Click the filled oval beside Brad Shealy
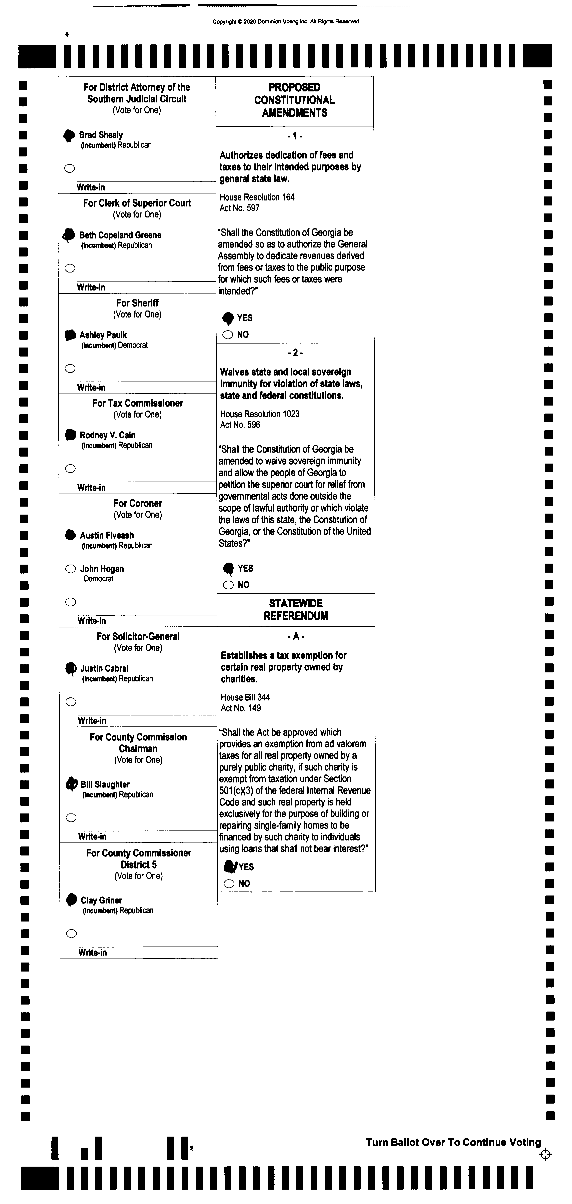[x=69, y=135]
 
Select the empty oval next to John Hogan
[x=71, y=569]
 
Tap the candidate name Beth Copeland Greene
[x=120, y=235]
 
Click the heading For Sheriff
[x=137, y=303]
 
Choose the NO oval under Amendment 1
[x=228, y=335]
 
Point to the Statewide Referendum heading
[x=296, y=609]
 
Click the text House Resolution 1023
[x=260, y=414]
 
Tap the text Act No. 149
[x=241, y=708]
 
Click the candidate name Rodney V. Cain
[x=107, y=435]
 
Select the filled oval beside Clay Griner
[x=71, y=899]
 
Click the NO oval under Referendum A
[x=229, y=883]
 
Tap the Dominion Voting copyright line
[x=286, y=21]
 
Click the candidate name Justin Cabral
[x=104, y=668]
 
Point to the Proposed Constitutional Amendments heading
[x=294, y=100]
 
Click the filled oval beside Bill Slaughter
[x=71, y=784]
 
